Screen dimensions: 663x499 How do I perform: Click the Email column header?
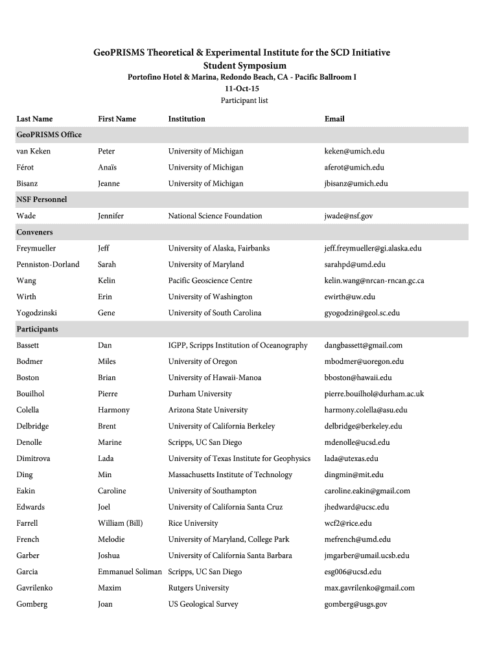[x=334, y=119]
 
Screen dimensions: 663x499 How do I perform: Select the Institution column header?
[x=187, y=119]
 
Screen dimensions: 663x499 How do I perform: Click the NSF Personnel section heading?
[x=41, y=200]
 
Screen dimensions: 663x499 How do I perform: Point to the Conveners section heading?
[x=35, y=232]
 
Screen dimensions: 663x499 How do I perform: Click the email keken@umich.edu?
[x=354, y=152]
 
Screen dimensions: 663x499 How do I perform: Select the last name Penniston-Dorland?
[x=48, y=265]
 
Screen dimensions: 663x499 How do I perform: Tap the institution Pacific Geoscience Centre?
[x=210, y=281]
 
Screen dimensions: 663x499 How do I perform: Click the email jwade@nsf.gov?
[x=349, y=216]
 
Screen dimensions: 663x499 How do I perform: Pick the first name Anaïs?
[x=108, y=168]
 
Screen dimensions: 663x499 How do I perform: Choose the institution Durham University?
[x=200, y=394]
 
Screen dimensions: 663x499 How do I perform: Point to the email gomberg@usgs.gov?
[x=356, y=605]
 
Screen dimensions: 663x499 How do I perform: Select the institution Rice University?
[x=193, y=524]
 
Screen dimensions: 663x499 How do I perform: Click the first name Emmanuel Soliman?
[x=131, y=572]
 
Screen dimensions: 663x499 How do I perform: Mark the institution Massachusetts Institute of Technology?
[x=230, y=475]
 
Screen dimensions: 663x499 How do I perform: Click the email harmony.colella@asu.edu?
[x=366, y=410]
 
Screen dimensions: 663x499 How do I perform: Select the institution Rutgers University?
[x=198, y=589]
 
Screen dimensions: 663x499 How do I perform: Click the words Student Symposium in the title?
[x=245, y=66]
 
